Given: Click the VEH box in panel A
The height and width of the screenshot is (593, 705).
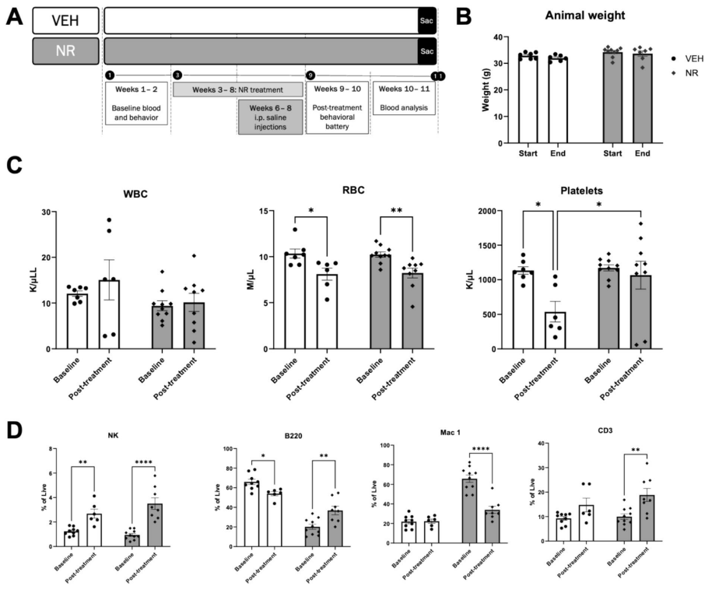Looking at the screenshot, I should point(65,20).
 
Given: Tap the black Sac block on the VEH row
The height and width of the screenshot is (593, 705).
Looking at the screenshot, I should point(426,20).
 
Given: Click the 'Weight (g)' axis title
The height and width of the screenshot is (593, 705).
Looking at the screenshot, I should point(486,90).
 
